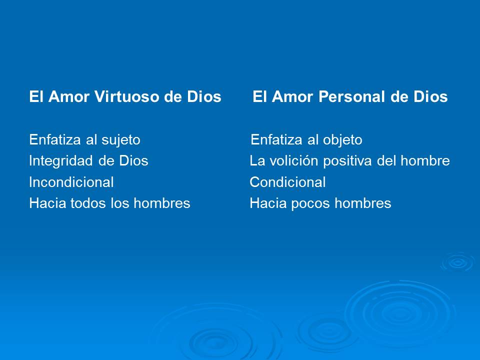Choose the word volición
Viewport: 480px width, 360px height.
click(294, 161)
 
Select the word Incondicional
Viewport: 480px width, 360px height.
click(71, 182)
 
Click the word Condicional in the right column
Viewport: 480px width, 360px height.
click(287, 182)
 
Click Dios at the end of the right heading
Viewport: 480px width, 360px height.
click(429, 97)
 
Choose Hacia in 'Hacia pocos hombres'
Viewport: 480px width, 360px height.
click(266, 203)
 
